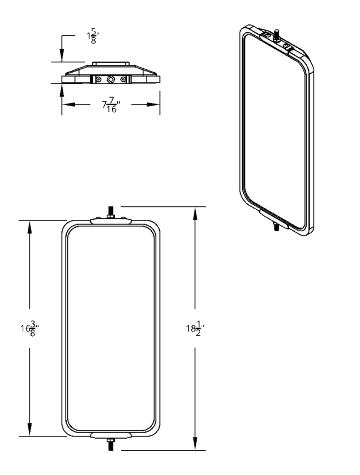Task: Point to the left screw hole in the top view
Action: click(x=98, y=80)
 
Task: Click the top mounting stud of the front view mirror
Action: click(x=111, y=213)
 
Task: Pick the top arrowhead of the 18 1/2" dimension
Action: click(x=195, y=212)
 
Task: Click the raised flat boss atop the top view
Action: click(x=111, y=63)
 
